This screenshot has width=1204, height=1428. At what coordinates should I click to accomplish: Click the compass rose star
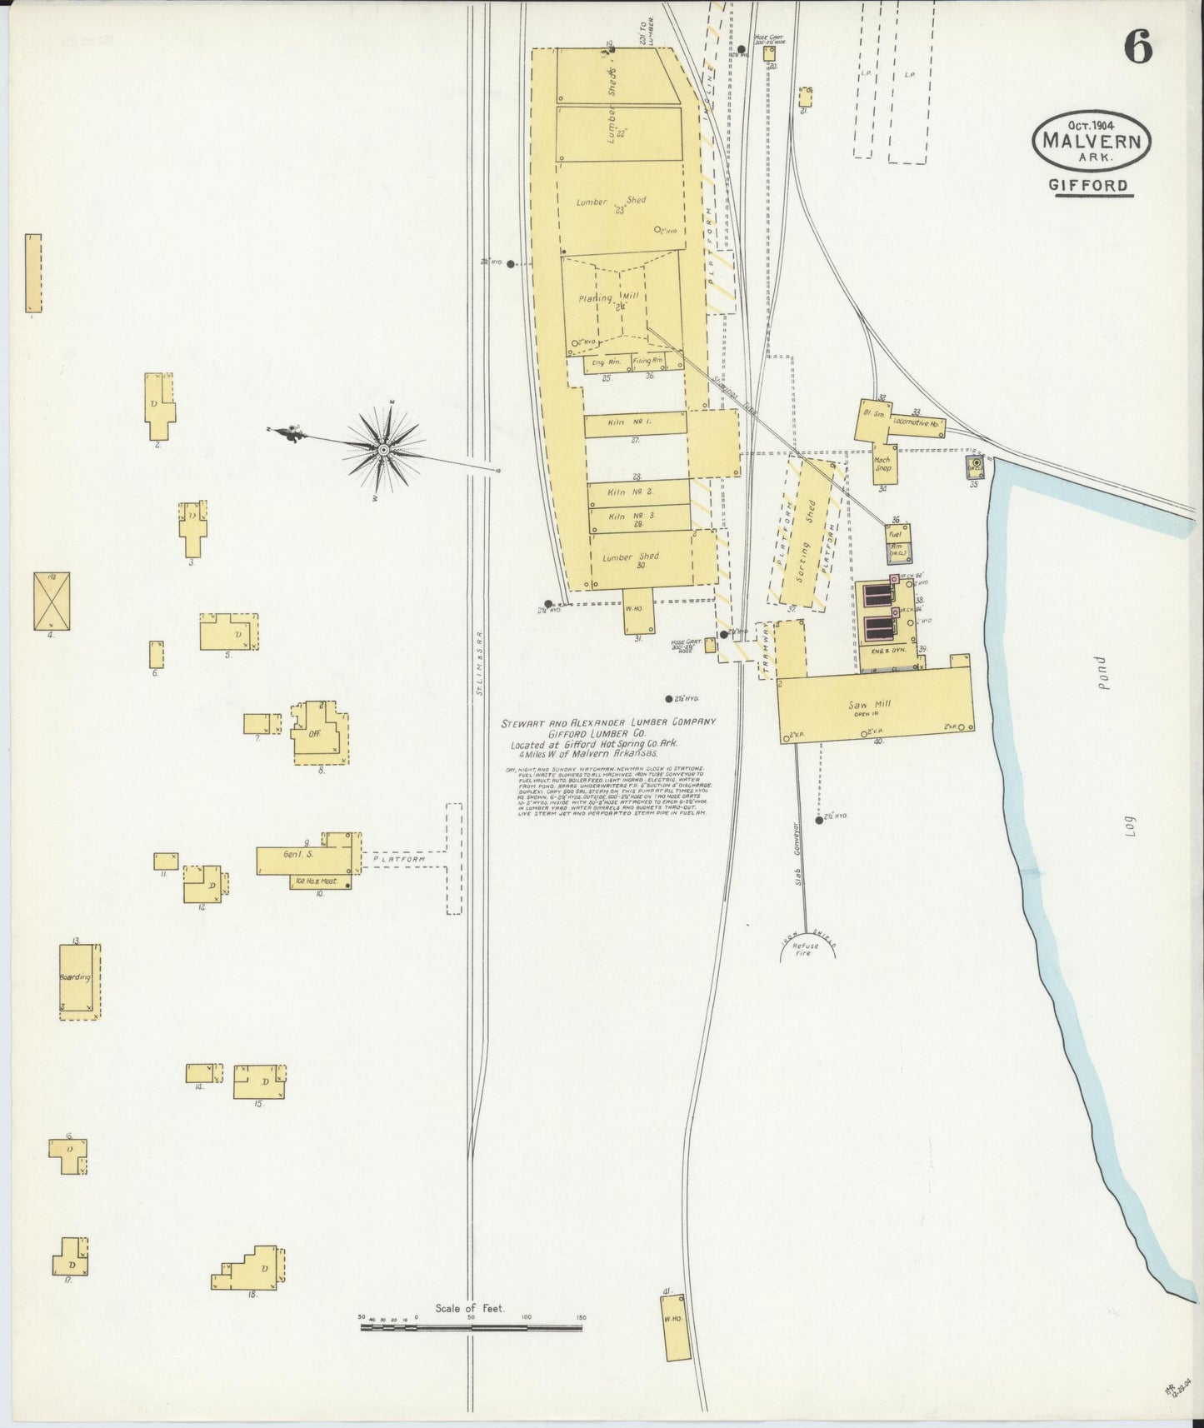(x=383, y=450)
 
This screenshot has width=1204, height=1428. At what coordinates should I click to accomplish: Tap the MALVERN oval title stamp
(x=1092, y=141)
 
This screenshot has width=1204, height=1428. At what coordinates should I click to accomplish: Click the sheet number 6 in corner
(x=1138, y=49)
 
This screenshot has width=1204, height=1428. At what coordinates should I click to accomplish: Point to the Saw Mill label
(x=872, y=705)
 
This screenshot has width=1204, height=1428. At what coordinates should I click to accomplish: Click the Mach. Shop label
(x=883, y=463)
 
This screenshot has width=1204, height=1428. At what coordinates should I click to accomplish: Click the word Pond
(x=1101, y=671)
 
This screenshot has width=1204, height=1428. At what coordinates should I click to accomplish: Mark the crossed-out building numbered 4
(x=52, y=601)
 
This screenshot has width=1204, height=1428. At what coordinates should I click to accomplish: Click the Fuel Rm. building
(x=898, y=543)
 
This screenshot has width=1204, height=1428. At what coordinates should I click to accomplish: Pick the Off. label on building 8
(x=315, y=734)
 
